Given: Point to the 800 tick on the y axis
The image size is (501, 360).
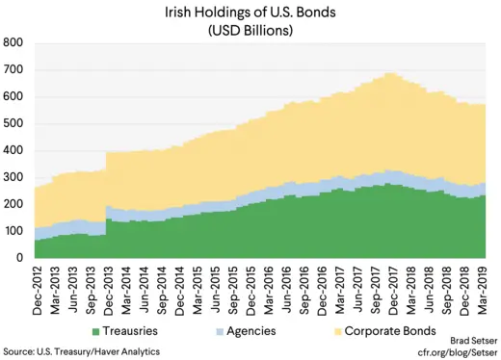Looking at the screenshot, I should coord(13,43).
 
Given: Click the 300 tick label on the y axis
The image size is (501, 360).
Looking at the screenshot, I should coord(13,178).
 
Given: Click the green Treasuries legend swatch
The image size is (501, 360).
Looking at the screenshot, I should coord(95,331).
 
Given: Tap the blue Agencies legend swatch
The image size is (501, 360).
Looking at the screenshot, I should coord(219,331).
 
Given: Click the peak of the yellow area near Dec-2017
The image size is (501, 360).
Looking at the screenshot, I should coord(389,74).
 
